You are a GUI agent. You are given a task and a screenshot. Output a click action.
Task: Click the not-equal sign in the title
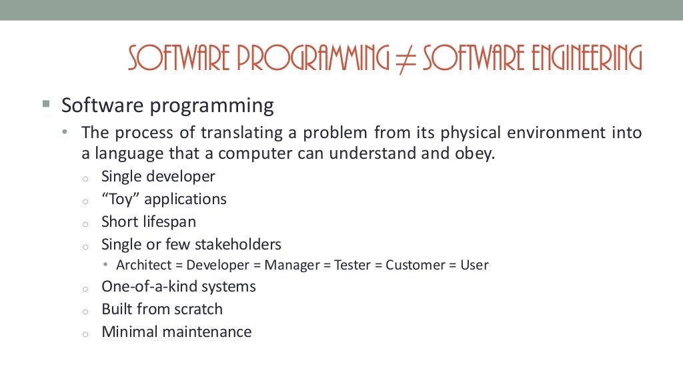point(406,59)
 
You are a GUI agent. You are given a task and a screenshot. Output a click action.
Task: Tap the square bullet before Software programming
point(45,105)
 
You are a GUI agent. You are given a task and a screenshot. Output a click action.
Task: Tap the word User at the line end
point(474,265)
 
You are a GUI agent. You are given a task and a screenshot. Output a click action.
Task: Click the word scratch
point(198,309)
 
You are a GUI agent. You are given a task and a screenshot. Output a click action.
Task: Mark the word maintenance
point(209,332)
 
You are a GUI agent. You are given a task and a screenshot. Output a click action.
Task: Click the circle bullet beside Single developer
point(85,178)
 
